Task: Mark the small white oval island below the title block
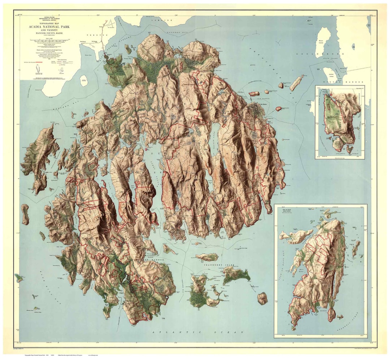84,81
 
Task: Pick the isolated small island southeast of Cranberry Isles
263,298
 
